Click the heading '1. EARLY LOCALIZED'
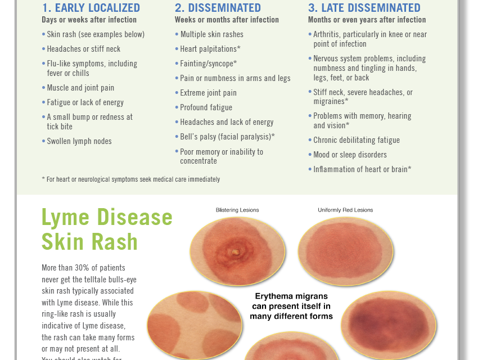click(x=91, y=8)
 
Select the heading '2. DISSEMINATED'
click(x=218, y=8)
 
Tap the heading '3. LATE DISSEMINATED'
click(x=364, y=8)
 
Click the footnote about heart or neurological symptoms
click(x=131, y=179)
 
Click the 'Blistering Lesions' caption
click(x=237, y=210)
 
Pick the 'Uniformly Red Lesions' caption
click(x=345, y=210)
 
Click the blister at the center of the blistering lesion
click(x=236, y=252)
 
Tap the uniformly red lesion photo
click(x=346, y=251)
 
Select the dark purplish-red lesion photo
click(x=389, y=325)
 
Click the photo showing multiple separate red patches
click(x=195, y=326)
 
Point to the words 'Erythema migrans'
click(x=291, y=296)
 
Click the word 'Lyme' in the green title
click(x=66, y=217)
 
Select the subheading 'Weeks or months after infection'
click(x=227, y=20)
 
